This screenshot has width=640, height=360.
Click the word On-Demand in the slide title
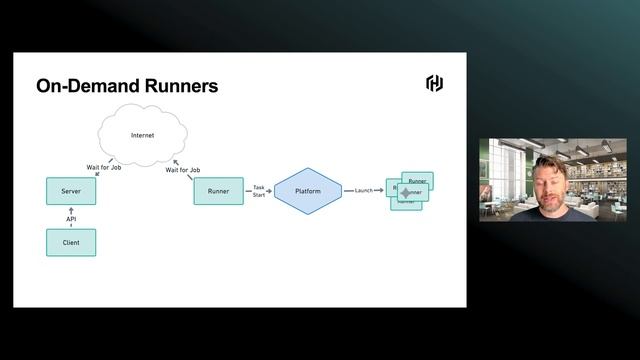point(81,86)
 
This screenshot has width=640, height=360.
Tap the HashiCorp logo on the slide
point(434,83)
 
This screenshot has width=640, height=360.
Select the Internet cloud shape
point(142,135)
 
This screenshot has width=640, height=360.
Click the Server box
point(71,191)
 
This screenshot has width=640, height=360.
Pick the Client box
point(71,242)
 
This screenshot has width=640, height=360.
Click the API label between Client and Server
point(71,218)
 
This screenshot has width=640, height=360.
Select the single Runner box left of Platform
point(218,191)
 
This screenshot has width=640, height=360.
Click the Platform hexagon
point(308,190)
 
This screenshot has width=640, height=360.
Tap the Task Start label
point(259,190)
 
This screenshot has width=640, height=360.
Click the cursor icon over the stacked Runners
point(405,192)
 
